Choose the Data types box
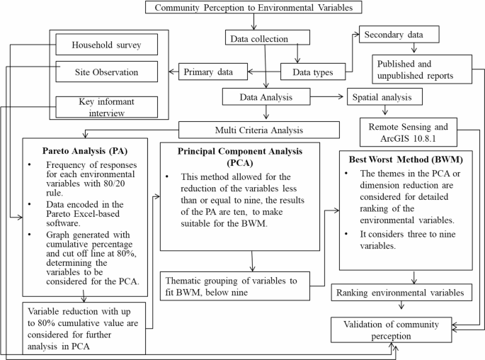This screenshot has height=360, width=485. [312, 71]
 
